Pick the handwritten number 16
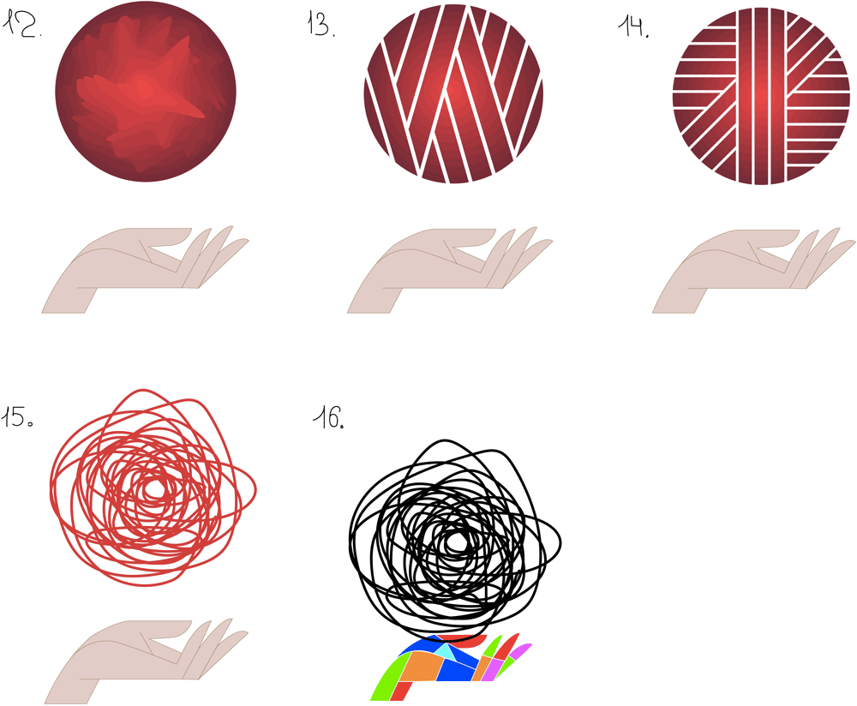pyautogui.click(x=328, y=419)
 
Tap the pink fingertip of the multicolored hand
pyautogui.click(x=520, y=650)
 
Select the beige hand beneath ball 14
pyautogui.click(x=737, y=266)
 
